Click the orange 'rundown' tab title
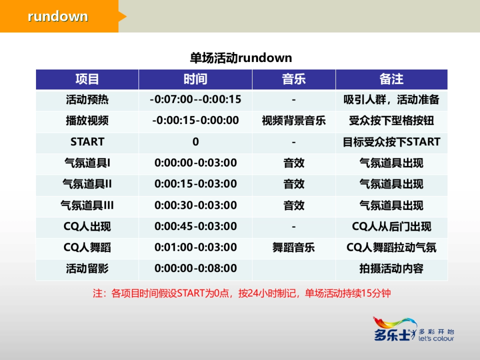pyautogui.click(x=58, y=16)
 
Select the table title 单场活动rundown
pyautogui.click(x=241, y=58)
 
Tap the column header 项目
pyautogui.click(x=87, y=79)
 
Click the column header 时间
pyautogui.click(x=195, y=79)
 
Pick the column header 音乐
pyautogui.click(x=294, y=79)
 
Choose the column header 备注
pyautogui.click(x=391, y=79)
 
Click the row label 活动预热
pyautogui.click(x=87, y=100)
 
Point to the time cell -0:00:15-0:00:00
pyautogui.click(x=195, y=120)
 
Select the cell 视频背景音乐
pyautogui.click(x=294, y=120)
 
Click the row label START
pyautogui.click(x=87, y=142)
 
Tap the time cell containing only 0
pyautogui.click(x=195, y=142)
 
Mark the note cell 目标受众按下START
pyautogui.click(x=391, y=142)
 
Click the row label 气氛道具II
pyautogui.click(x=87, y=184)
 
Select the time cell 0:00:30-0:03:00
pyautogui.click(x=195, y=206)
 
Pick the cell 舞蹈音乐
pyautogui.click(x=294, y=248)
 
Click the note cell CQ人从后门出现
pyautogui.click(x=391, y=227)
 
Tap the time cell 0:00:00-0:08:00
pyautogui.click(x=195, y=268)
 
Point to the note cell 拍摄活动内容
pyautogui.click(x=391, y=268)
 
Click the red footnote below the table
pyautogui.click(x=242, y=294)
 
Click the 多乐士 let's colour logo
pyautogui.click(x=414, y=330)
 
